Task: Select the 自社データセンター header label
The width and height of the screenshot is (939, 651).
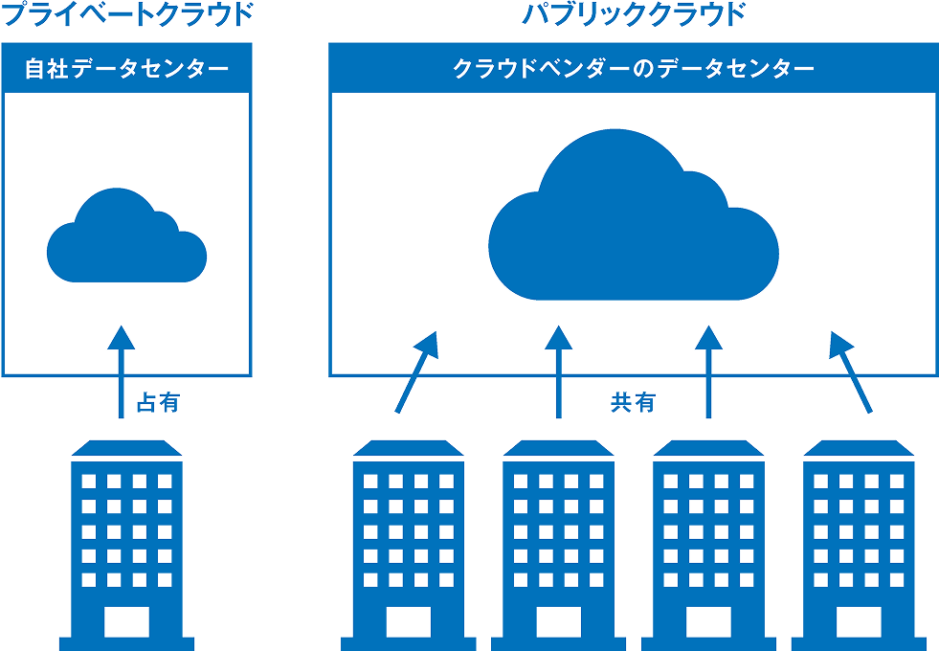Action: tap(126, 69)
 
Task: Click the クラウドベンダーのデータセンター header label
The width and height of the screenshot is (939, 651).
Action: tap(633, 69)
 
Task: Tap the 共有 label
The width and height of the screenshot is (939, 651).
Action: tap(633, 403)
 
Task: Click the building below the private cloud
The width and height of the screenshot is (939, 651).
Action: tap(125, 536)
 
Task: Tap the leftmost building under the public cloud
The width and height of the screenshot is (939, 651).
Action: tap(408, 536)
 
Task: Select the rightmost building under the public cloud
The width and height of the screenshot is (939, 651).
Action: tap(857, 536)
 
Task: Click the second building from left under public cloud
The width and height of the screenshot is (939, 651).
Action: tap(558, 536)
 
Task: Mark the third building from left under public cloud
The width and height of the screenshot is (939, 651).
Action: tap(707, 536)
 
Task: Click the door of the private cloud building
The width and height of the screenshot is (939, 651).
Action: tap(125, 622)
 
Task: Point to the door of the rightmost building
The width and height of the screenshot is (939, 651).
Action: tap(857, 622)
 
